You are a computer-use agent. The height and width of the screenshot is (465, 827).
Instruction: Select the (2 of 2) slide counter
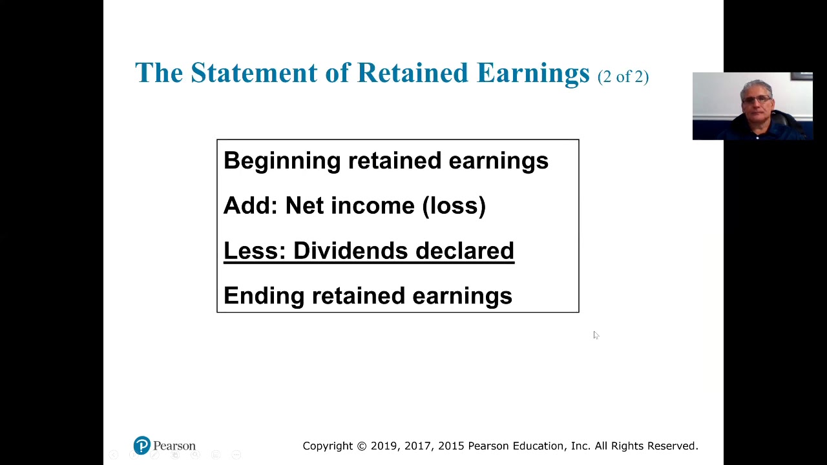coord(623,76)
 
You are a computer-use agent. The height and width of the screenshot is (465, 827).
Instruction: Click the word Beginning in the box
coord(282,161)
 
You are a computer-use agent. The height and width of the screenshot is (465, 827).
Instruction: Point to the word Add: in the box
coord(250,205)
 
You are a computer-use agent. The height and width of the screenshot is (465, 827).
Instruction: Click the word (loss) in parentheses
coord(454,205)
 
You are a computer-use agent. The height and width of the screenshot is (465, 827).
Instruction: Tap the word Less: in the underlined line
coord(255,251)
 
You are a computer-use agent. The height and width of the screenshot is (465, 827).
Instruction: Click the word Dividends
coord(350,251)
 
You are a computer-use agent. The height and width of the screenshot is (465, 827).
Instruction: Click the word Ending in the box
coord(264,296)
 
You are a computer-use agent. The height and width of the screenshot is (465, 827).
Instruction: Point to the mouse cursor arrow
coord(595,335)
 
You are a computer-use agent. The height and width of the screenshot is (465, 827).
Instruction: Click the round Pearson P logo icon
coord(141,446)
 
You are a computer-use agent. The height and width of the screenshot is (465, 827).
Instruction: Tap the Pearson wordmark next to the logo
coord(174,446)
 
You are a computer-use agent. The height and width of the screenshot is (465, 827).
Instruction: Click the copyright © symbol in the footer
coord(361,446)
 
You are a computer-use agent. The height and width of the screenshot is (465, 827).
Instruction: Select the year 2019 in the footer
coord(384,446)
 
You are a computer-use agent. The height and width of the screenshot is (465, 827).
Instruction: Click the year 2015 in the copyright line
coord(451,446)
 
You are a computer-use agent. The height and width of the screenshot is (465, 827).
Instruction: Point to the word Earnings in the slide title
coord(533,73)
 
